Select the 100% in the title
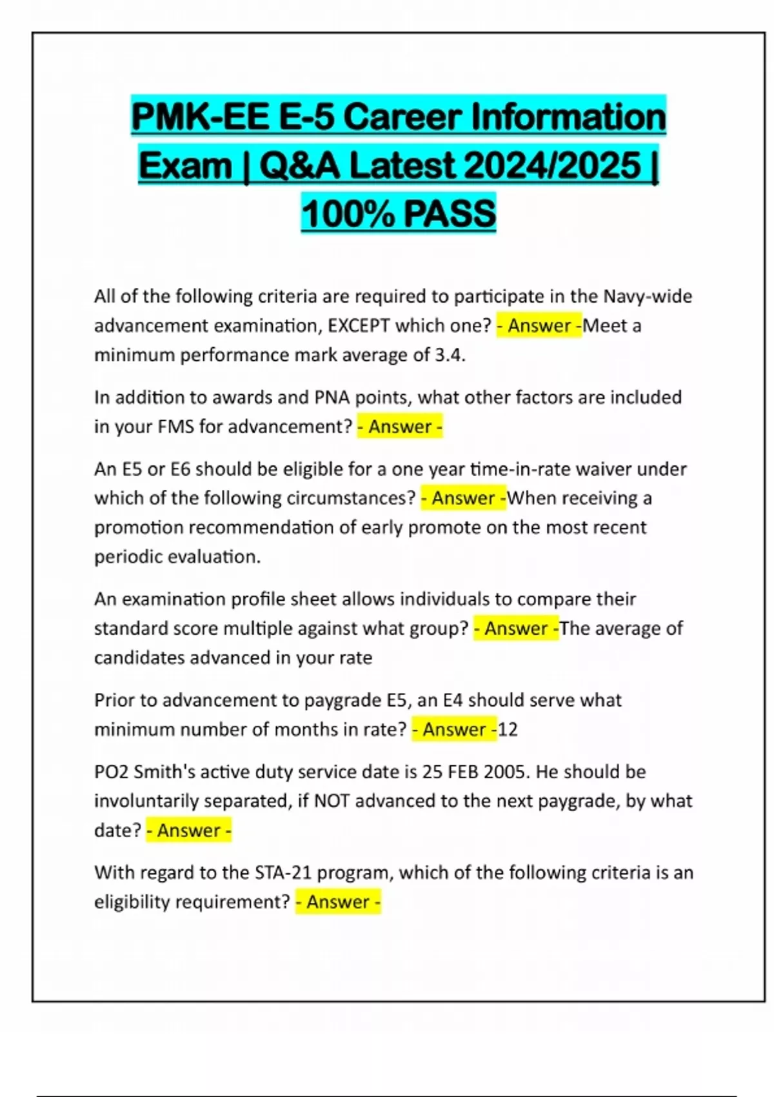(x=346, y=214)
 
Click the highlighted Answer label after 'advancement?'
(x=400, y=427)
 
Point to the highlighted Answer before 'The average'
(x=516, y=628)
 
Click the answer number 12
(x=508, y=729)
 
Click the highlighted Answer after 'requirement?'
(x=338, y=901)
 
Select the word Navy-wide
(x=648, y=296)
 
